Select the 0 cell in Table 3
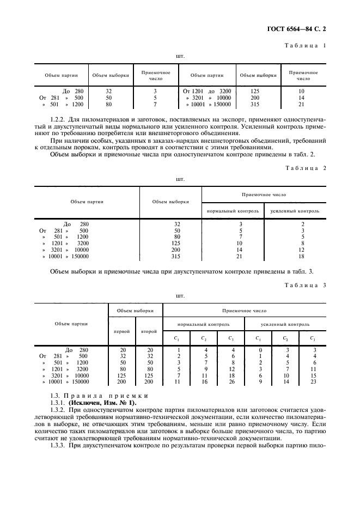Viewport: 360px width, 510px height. tap(260, 349)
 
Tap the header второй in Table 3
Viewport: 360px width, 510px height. tap(149, 331)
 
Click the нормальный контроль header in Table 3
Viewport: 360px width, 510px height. tap(203, 324)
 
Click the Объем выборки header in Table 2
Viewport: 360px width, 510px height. tap(170, 202)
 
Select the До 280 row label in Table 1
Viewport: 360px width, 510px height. tap(74, 91)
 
